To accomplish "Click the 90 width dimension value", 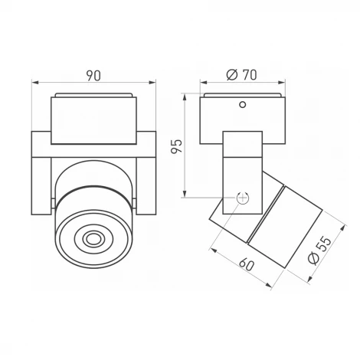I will point(93,75).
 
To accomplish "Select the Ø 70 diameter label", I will point(242,75).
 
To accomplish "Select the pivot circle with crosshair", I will point(244,197).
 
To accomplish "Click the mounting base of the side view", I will point(243,119).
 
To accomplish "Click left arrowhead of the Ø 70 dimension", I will point(201,83).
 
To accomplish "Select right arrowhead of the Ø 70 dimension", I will point(284,83).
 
